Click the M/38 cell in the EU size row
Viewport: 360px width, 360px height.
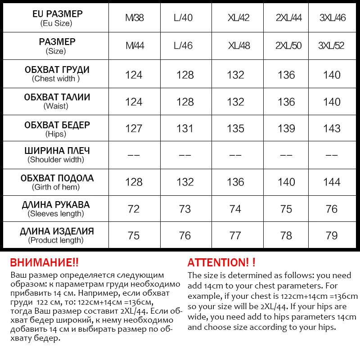pyautogui.click(x=134, y=18)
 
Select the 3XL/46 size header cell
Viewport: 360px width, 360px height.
pyautogui.click(x=332, y=18)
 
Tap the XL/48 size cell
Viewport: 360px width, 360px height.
pyautogui.click(x=236, y=46)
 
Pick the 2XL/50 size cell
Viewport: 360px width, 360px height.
pyautogui.click(x=286, y=46)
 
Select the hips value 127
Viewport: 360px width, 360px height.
pyautogui.click(x=134, y=128)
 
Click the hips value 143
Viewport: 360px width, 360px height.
pyautogui.click(x=332, y=128)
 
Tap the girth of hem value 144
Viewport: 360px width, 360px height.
pyautogui.click(x=332, y=182)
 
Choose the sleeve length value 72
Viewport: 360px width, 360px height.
pyautogui.click(x=134, y=209)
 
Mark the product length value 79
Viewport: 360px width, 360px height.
pyautogui.click(x=332, y=236)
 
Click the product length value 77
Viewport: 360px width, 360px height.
pyautogui.click(x=236, y=236)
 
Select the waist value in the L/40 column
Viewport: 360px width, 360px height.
pyautogui.click(x=185, y=102)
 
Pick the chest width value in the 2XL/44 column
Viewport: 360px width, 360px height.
pyautogui.click(x=286, y=75)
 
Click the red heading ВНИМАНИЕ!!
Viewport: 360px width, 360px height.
pyautogui.click(x=44, y=263)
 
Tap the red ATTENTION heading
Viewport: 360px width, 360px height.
pyautogui.click(x=221, y=263)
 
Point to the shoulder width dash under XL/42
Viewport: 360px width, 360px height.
pyautogui.click(x=236, y=155)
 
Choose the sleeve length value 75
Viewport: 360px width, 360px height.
pyautogui.click(x=286, y=209)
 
